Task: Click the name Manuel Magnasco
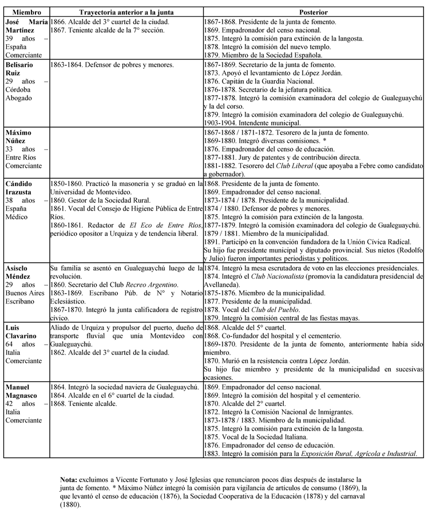23,392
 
